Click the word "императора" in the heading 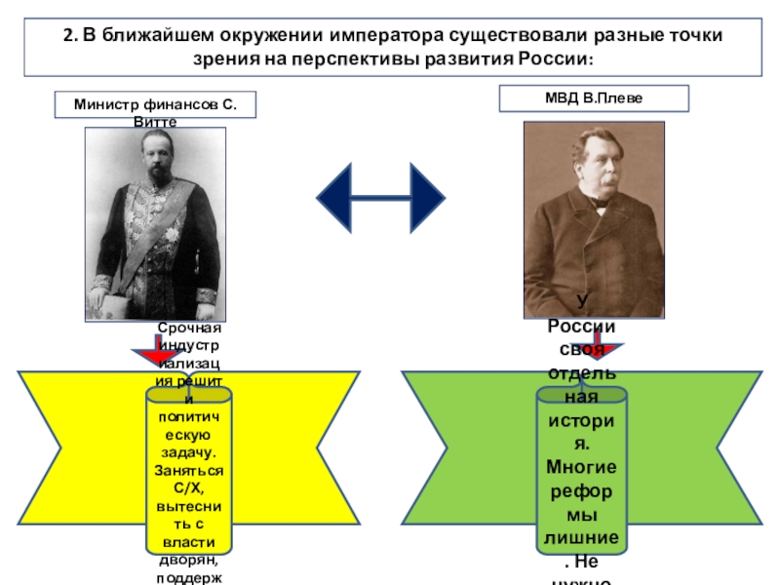(379, 36)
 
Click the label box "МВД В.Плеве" (594, 98)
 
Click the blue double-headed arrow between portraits (381, 199)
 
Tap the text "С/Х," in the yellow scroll (189, 487)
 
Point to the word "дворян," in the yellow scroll (189, 562)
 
